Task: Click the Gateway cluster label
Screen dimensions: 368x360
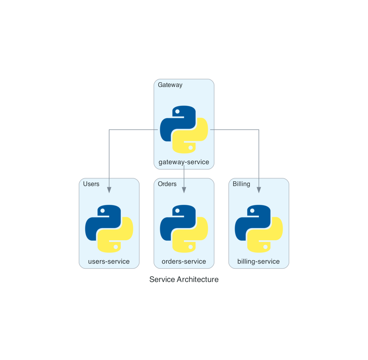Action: [170, 85]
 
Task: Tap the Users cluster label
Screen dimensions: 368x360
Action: [91, 184]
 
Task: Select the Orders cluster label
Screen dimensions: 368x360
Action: [167, 184]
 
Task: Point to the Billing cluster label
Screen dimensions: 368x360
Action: [241, 184]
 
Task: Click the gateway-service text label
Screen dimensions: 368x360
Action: [184, 162]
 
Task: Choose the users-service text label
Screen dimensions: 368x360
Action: [109, 261]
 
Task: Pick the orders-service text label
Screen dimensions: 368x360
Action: [184, 261]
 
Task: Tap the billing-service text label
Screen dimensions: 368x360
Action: [258, 262]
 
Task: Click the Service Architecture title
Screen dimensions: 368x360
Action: [184, 279]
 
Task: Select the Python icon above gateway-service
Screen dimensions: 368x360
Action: [184, 129]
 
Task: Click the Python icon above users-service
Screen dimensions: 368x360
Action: [109, 229]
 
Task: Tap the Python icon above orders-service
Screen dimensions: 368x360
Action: [184, 229]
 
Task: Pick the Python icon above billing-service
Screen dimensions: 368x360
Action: [259, 229]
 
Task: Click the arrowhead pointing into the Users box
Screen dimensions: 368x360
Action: [109, 190]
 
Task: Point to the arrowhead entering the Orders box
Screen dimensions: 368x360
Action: [184, 190]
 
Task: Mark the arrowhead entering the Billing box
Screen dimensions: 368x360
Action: [259, 190]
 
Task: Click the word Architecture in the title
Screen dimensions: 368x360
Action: [198, 279]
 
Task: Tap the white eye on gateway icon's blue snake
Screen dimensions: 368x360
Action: [177, 112]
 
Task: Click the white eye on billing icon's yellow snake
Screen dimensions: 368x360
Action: [265, 247]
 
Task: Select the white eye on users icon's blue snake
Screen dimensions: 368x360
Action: [103, 211]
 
